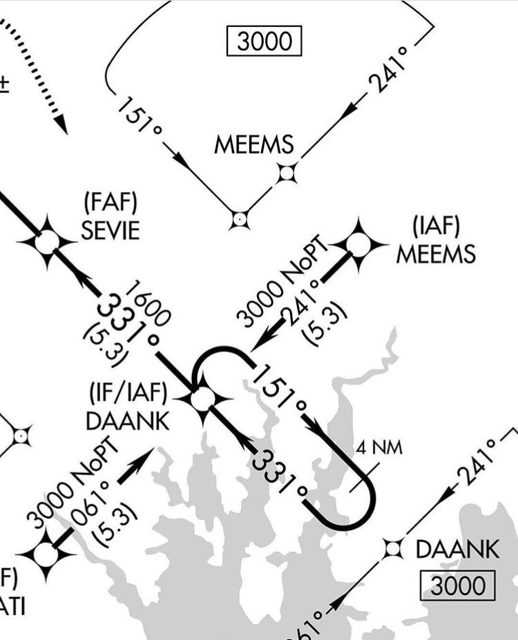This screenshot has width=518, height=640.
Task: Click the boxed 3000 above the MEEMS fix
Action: click(x=265, y=41)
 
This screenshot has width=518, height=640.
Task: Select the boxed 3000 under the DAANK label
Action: click(x=458, y=586)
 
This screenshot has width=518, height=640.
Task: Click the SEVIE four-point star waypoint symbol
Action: click(x=47, y=242)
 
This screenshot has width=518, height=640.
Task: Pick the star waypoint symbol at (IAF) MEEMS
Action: click(x=358, y=243)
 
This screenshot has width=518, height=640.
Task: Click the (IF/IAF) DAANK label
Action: click(x=128, y=407)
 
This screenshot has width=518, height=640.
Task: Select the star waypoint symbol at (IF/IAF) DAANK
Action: click(x=202, y=398)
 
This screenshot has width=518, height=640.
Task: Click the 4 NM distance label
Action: click(x=379, y=447)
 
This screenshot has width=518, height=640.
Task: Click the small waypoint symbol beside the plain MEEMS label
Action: click(x=287, y=173)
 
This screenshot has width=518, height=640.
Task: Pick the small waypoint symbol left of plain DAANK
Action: click(x=393, y=549)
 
